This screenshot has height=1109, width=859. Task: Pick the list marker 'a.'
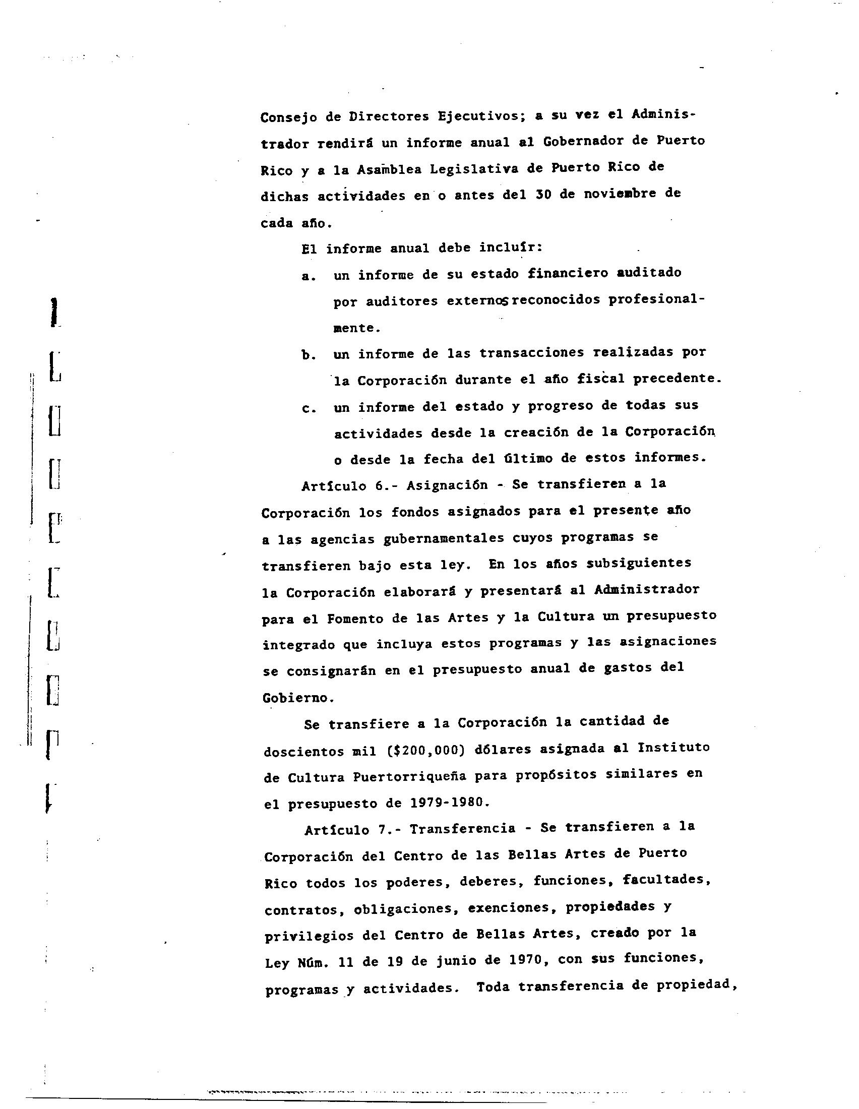pos(309,277)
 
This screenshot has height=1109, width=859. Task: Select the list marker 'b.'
pos(309,355)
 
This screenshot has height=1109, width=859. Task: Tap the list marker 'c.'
pos(309,409)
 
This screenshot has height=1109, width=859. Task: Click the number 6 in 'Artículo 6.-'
pos(379,485)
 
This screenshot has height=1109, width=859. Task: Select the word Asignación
pos(447,485)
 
